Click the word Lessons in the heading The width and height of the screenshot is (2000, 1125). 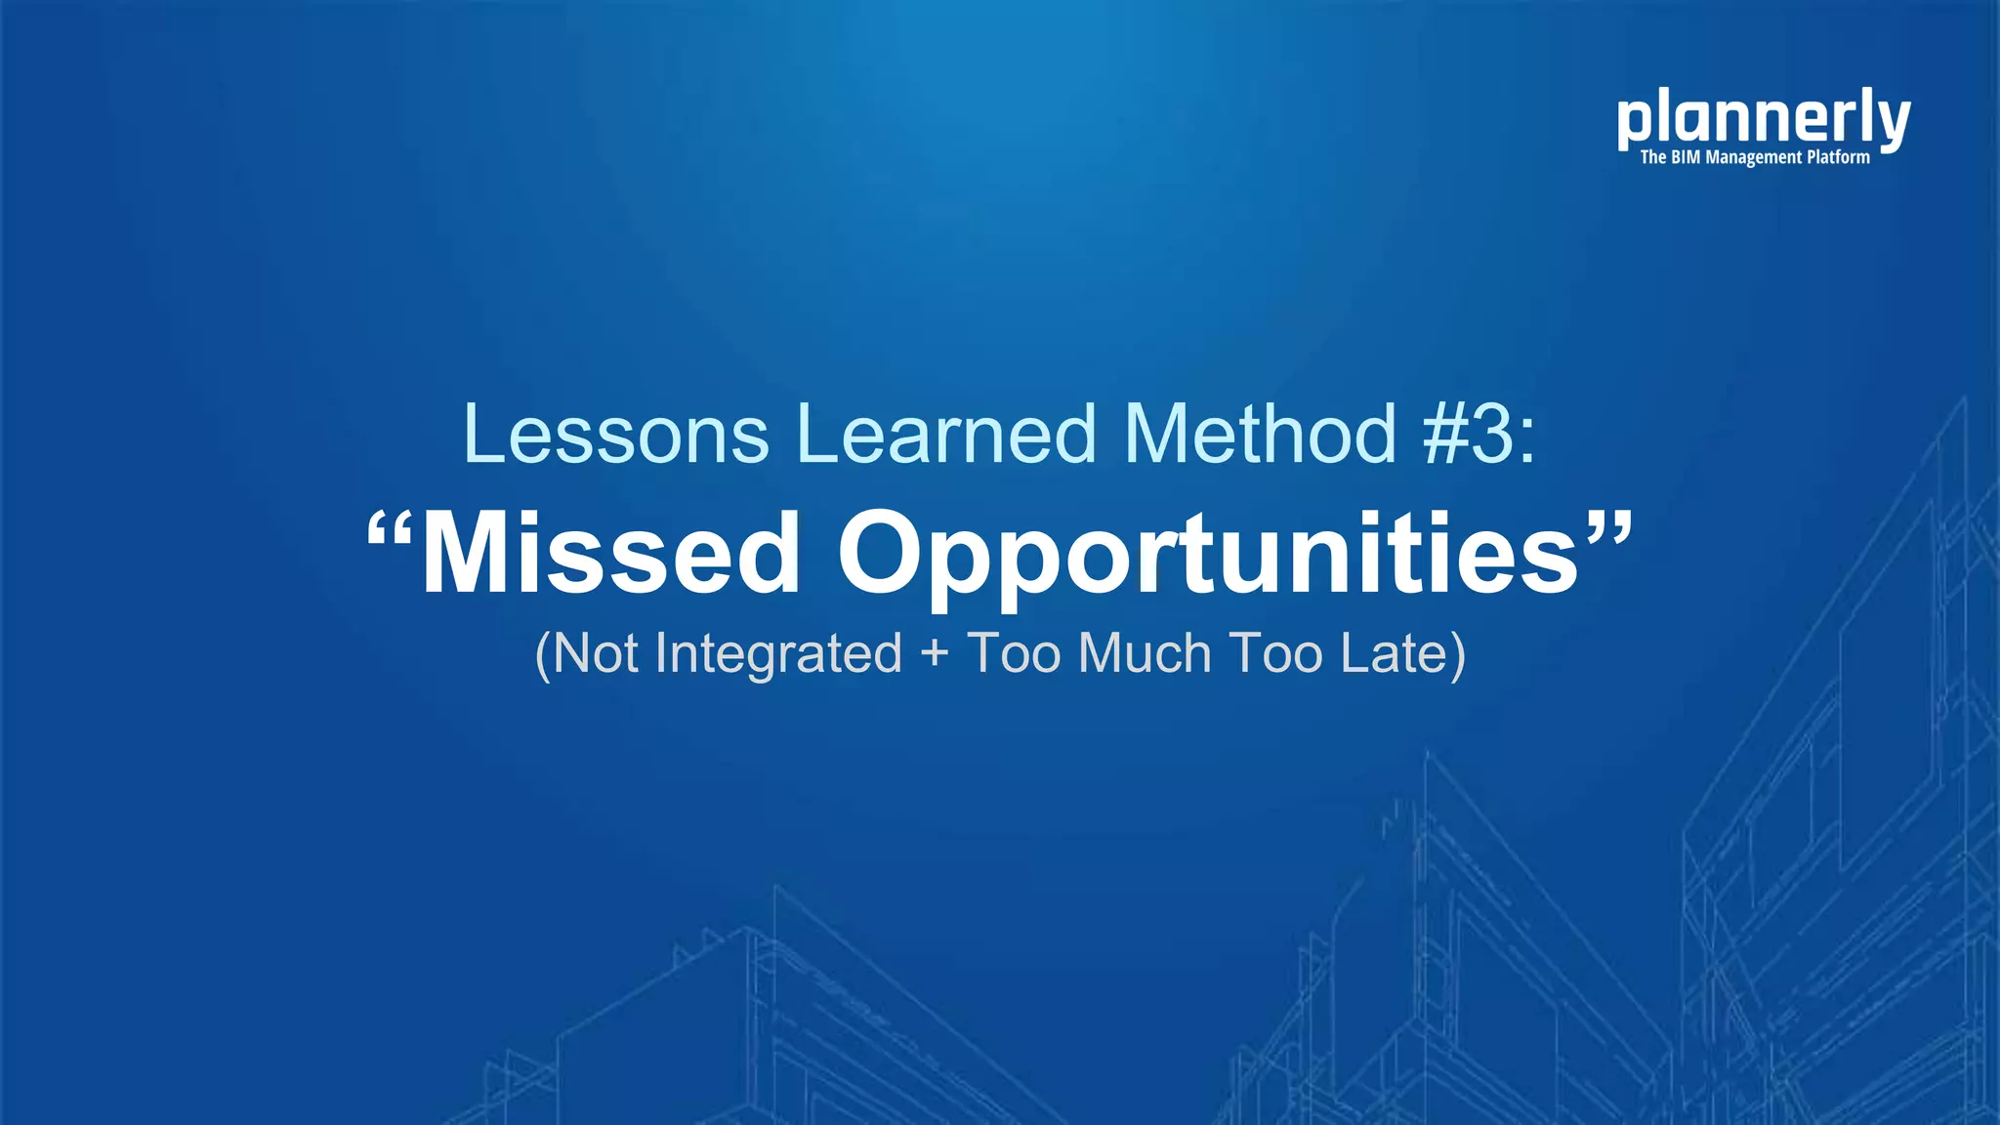pos(616,434)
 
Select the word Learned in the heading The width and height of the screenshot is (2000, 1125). pos(946,434)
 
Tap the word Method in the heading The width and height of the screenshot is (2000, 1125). pos(1260,434)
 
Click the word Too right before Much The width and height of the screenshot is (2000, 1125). pos(1014,653)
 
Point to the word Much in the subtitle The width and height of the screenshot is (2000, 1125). pos(1145,653)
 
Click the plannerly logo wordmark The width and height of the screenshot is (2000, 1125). pos(1763,118)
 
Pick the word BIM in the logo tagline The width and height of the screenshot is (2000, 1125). pos(1686,157)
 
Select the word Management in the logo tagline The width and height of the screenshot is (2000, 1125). pos(1753,157)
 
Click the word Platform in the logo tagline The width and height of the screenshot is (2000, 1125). pos(1838,157)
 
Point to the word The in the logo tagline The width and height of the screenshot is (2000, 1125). pos(1652,157)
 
